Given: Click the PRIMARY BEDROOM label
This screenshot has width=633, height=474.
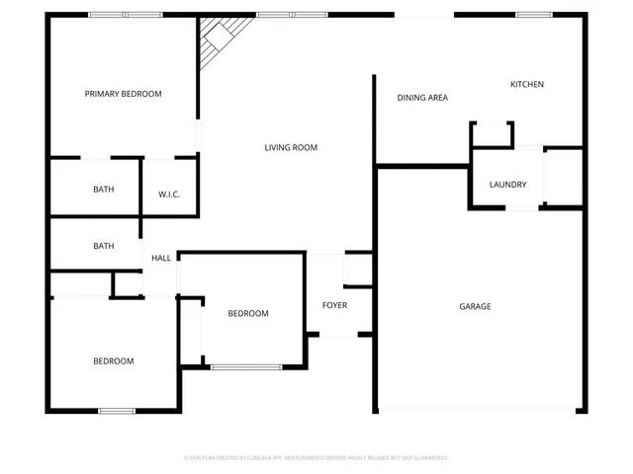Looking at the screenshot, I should click(123, 94).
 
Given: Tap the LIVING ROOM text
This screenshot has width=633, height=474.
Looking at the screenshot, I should click(291, 148).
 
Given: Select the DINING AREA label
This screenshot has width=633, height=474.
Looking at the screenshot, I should click(422, 98).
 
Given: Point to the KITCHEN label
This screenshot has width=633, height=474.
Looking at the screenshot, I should click(526, 85).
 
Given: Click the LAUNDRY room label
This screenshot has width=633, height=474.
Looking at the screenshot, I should click(507, 185).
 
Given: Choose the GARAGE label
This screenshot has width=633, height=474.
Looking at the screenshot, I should click(475, 307).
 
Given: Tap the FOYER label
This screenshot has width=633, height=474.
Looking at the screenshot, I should click(334, 305).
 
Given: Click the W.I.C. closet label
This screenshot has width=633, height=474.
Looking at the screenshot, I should click(169, 194).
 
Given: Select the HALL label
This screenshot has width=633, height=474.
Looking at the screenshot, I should click(161, 259).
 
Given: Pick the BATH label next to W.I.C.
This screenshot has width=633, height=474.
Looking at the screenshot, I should click(103, 190).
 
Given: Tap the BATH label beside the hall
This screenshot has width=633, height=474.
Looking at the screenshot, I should click(103, 247).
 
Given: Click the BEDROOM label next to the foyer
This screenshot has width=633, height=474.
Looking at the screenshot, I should click(248, 314).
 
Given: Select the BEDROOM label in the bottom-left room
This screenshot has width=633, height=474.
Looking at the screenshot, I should click(113, 361).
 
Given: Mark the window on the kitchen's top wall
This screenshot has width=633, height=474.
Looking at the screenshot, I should click(534, 15).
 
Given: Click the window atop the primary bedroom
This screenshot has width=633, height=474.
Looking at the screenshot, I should click(125, 15).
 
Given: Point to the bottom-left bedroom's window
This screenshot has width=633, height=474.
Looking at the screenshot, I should click(117, 411).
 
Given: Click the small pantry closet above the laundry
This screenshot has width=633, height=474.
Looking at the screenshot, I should click(492, 133).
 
